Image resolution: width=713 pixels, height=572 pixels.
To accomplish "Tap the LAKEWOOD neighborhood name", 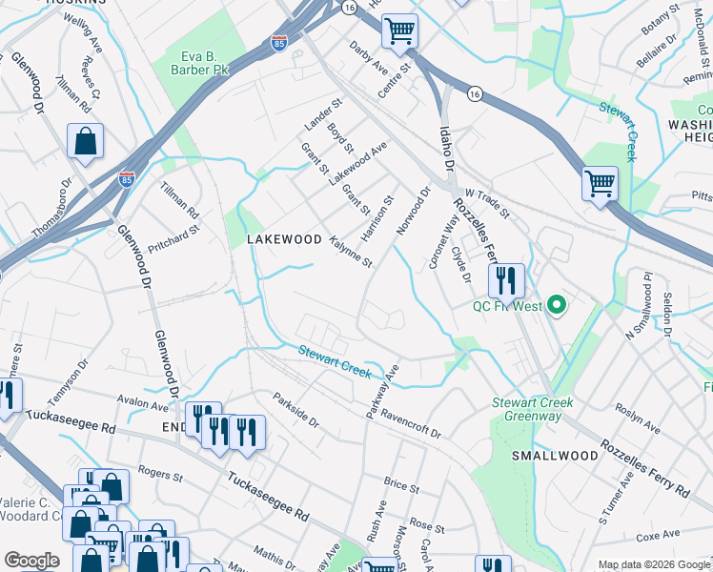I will click(x=284, y=239).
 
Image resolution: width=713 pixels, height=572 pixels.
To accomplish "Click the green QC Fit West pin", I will click(x=559, y=306).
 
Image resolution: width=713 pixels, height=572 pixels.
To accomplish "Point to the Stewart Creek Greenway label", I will click(x=532, y=409).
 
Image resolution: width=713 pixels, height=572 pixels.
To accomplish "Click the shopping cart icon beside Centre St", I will click(x=400, y=31).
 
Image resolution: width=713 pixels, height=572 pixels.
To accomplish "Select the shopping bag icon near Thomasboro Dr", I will click(x=86, y=142).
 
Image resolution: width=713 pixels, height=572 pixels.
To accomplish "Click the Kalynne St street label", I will click(x=350, y=251).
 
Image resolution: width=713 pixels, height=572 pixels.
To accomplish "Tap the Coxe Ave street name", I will click(x=656, y=537).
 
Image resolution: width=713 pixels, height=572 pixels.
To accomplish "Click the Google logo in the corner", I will click(x=31, y=561).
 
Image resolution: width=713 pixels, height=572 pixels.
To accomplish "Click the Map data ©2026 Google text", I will click(x=653, y=565).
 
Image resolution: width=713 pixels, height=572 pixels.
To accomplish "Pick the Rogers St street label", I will click(x=159, y=474).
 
